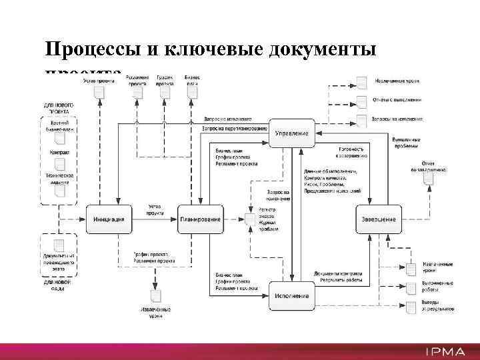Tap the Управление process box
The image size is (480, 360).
click(x=291, y=133)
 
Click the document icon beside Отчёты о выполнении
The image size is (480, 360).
click(x=362, y=101)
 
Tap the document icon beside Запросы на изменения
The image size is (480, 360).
click(x=362, y=120)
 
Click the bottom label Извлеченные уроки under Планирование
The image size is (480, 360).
click(x=155, y=313)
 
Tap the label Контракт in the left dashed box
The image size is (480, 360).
click(x=59, y=153)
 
